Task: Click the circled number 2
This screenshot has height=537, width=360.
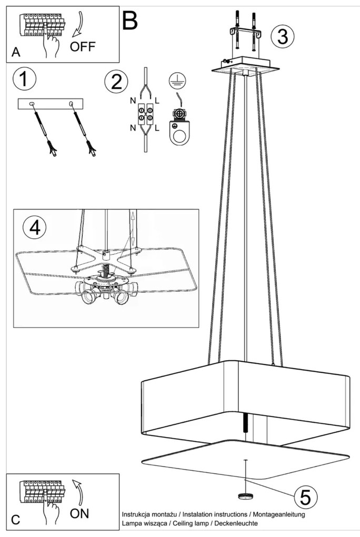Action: (x=116, y=82)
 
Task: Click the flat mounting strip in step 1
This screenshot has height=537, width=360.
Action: (x=52, y=104)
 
